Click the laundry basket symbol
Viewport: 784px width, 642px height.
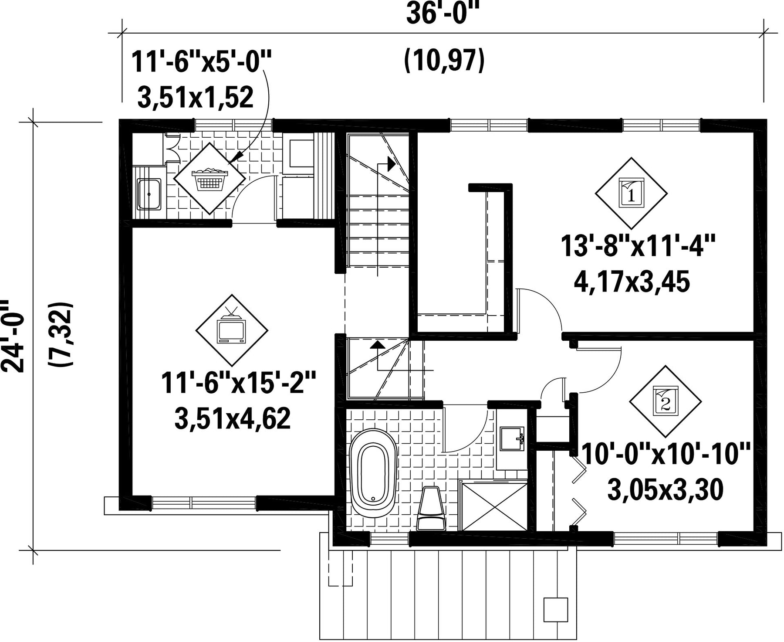(209, 178)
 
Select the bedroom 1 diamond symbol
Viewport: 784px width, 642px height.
(631, 193)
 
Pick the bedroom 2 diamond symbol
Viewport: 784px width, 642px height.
(665, 401)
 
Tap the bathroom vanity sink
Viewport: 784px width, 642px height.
(512, 438)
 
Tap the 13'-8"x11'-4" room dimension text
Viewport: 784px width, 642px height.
(638, 247)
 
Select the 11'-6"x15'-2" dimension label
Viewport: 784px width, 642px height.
(238, 382)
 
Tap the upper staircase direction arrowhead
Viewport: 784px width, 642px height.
(391, 164)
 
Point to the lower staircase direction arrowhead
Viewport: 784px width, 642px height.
(377, 344)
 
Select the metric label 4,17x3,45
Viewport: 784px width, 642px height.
(632, 283)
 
